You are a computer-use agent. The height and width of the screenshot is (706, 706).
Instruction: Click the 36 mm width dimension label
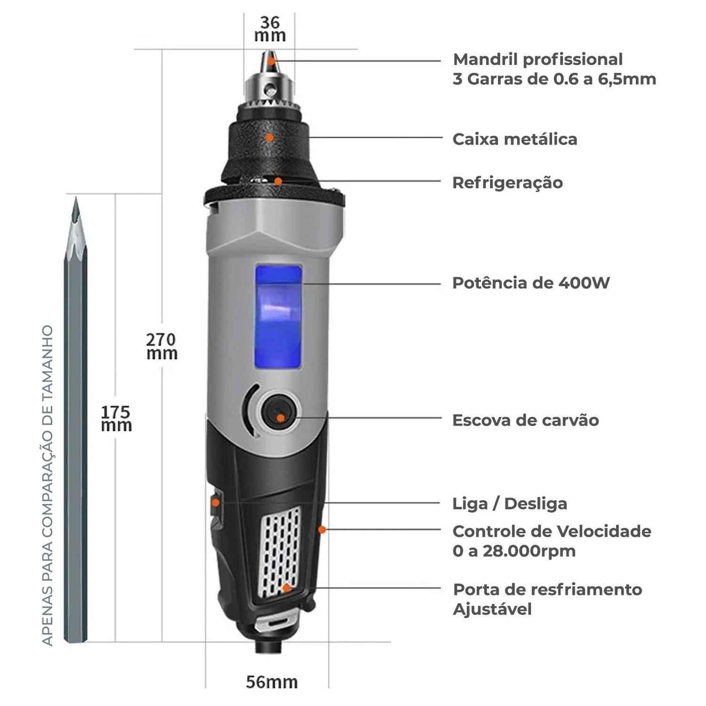point(270,29)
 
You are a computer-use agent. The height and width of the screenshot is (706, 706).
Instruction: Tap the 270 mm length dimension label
point(162,346)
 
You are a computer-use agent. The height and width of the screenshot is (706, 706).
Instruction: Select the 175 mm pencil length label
point(116,419)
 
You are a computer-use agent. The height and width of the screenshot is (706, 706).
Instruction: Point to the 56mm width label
point(272,682)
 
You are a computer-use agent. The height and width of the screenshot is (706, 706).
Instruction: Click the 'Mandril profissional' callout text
point(538,60)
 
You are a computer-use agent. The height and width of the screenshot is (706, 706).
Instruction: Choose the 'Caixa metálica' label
point(515,139)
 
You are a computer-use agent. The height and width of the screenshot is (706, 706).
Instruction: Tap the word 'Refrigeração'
point(508,183)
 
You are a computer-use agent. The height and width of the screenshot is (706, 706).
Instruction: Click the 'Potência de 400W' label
point(531,283)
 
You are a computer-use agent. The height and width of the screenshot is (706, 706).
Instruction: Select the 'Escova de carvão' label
point(526,420)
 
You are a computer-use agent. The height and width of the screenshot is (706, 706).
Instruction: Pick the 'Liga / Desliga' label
point(510,504)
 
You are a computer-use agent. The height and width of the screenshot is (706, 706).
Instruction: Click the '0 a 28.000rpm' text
point(514,552)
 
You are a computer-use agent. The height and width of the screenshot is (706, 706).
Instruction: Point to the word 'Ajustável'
point(492,609)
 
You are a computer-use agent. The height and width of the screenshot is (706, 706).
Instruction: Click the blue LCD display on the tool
point(279,317)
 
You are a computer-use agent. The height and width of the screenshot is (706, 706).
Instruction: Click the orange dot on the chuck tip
point(271,61)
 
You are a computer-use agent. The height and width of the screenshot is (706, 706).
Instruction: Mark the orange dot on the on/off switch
point(216,502)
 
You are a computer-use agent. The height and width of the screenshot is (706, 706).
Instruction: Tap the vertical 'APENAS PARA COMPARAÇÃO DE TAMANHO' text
point(47,485)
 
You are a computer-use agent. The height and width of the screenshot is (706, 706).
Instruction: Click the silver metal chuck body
point(269,88)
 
